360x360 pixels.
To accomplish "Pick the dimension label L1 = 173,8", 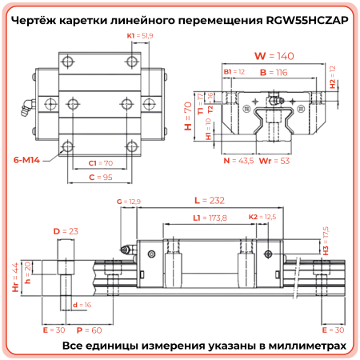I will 210,218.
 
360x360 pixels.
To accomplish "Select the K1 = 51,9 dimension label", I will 140,36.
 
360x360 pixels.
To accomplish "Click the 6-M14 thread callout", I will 26,160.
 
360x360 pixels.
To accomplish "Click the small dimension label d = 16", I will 80,305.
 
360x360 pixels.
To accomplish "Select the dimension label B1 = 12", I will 234,72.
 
